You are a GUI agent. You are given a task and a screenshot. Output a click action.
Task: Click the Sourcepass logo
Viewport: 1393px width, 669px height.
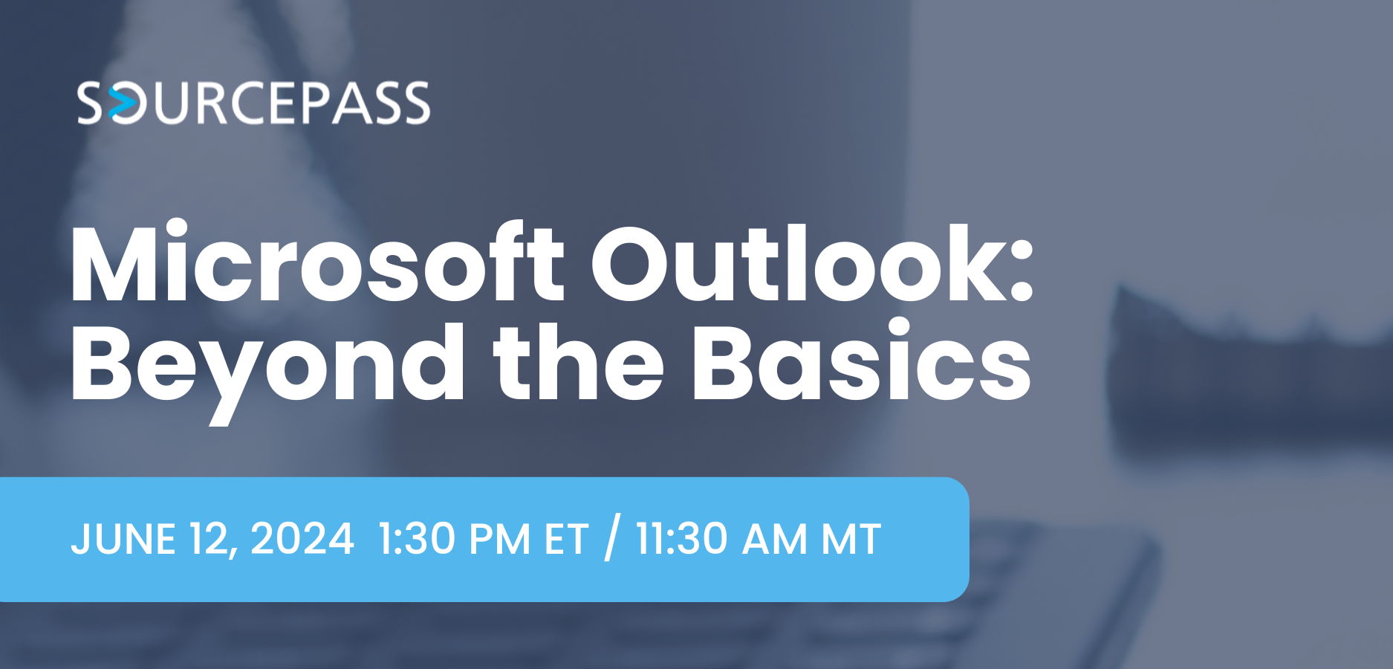[x=253, y=103]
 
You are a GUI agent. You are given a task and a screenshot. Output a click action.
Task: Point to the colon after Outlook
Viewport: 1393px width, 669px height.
[x=1022, y=275]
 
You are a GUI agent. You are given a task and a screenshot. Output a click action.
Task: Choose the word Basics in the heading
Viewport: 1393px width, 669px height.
[x=861, y=363]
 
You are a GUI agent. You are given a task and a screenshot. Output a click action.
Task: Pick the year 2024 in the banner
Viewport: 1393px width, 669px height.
[x=302, y=539]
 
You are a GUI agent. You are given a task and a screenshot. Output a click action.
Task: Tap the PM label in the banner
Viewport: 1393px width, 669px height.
[x=495, y=539]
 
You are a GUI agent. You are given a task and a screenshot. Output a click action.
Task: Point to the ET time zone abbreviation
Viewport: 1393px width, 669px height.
[x=566, y=539]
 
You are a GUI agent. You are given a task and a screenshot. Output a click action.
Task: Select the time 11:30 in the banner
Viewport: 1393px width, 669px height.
[x=681, y=539]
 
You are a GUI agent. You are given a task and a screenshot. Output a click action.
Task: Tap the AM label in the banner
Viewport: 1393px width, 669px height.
[x=774, y=539]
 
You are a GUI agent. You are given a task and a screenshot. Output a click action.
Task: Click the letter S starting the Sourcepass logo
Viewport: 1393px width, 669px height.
[x=90, y=103]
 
